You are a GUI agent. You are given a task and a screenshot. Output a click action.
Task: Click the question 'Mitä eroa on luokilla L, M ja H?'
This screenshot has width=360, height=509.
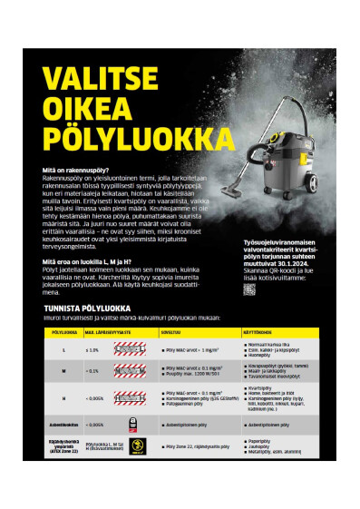click(95, 261)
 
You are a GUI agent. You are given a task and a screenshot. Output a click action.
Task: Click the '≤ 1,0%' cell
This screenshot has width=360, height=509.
click(92, 349)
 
